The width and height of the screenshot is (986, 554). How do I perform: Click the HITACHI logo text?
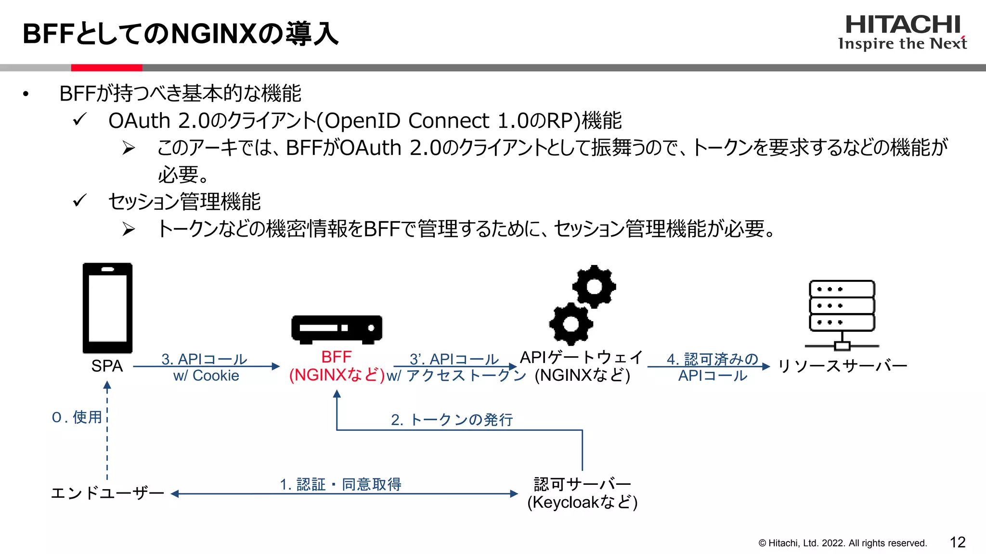point(902,25)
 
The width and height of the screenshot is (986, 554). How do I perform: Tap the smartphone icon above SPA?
point(107,308)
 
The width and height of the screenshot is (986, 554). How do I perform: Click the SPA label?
point(107,366)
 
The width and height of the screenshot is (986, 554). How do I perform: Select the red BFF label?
point(336,357)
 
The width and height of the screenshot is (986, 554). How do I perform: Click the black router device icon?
point(337,329)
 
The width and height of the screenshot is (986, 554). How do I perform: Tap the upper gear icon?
point(594,287)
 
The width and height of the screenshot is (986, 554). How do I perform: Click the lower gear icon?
point(571,324)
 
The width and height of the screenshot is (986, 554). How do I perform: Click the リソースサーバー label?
point(842,366)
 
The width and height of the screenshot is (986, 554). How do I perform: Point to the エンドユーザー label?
point(107,493)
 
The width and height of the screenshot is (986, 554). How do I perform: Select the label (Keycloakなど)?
point(582,503)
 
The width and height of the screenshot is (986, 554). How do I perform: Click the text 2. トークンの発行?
point(452,420)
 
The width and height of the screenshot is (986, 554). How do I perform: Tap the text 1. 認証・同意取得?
point(340,484)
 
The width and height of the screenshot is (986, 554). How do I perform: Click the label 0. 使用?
point(77,417)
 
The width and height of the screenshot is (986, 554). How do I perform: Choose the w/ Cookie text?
point(206,376)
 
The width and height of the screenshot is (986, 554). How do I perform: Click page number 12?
point(958,542)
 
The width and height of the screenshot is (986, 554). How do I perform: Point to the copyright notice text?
point(842,543)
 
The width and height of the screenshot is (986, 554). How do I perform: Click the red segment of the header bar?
point(106,68)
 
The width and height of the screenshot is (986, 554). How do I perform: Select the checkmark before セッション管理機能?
point(79,200)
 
